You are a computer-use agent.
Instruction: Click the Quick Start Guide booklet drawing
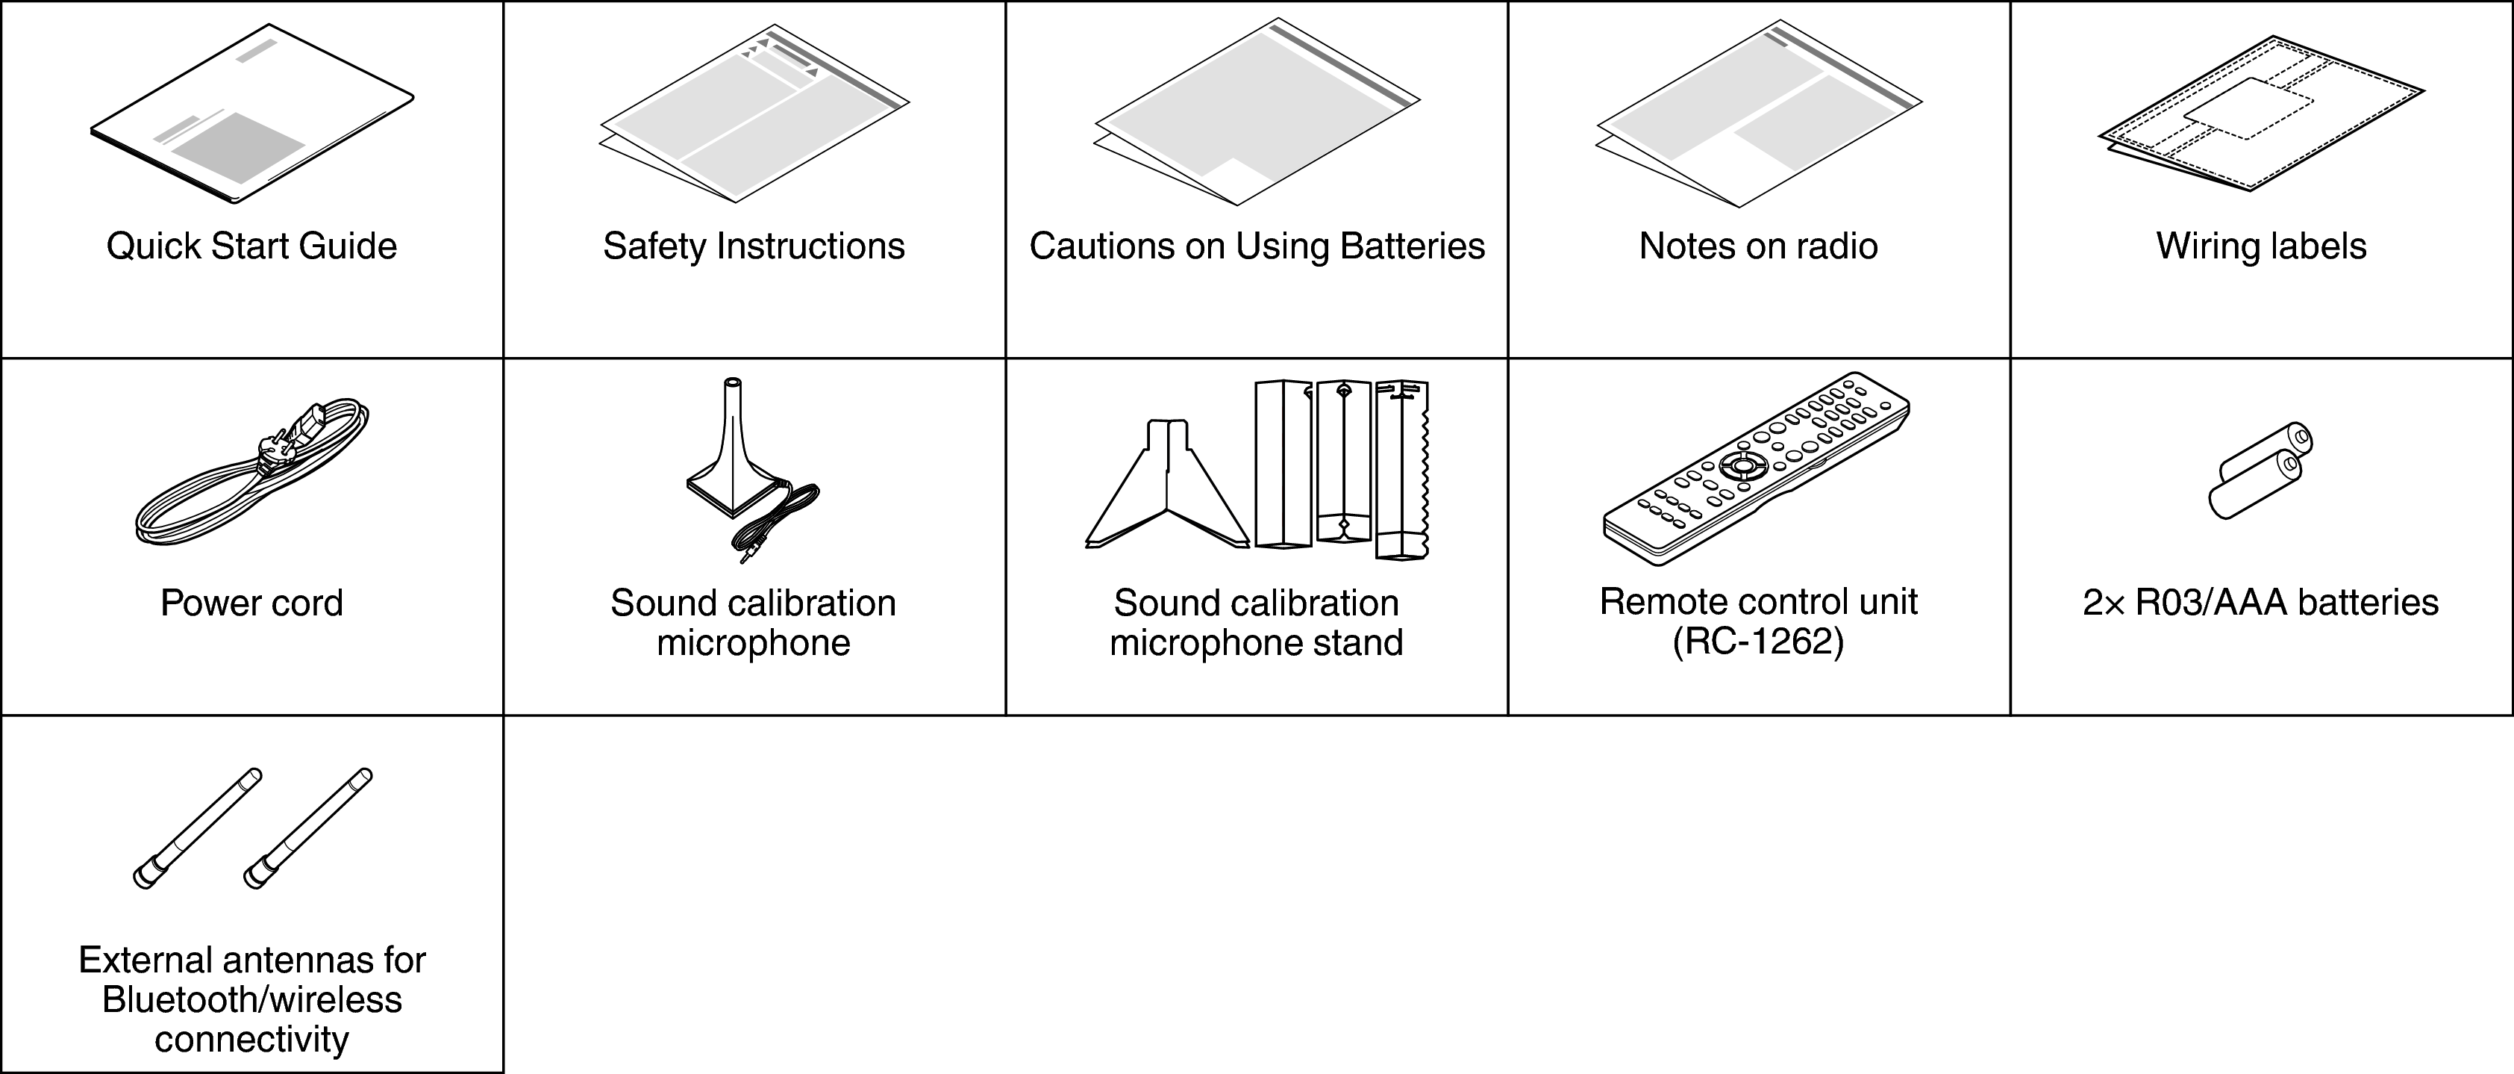[x=251, y=115]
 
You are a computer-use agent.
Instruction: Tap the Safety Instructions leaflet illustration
[x=754, y=114]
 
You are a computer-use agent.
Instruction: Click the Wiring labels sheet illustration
[x=2261, y=115]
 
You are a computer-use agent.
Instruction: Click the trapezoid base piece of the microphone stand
[x=1167, y=486]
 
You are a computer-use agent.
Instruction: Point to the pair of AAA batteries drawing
[x=2260, y=471]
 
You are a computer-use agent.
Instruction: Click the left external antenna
[x=197, y=828]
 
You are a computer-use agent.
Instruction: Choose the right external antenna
[x=307, y=828]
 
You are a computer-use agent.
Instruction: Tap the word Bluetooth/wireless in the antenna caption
[x=251, y=1000]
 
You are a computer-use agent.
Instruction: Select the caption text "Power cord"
[x=251, y=603]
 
